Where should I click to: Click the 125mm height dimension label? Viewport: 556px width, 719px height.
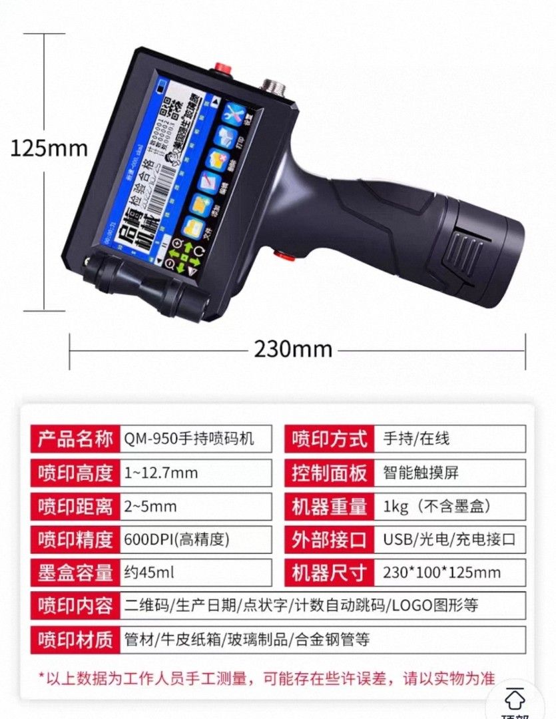pos(49,148)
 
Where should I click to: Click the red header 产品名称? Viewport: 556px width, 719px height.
pos(75,439)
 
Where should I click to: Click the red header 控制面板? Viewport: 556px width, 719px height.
pos(330,473)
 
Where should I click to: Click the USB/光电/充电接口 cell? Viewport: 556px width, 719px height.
pos(449,539)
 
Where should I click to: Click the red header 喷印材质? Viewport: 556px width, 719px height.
pos(75,640)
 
